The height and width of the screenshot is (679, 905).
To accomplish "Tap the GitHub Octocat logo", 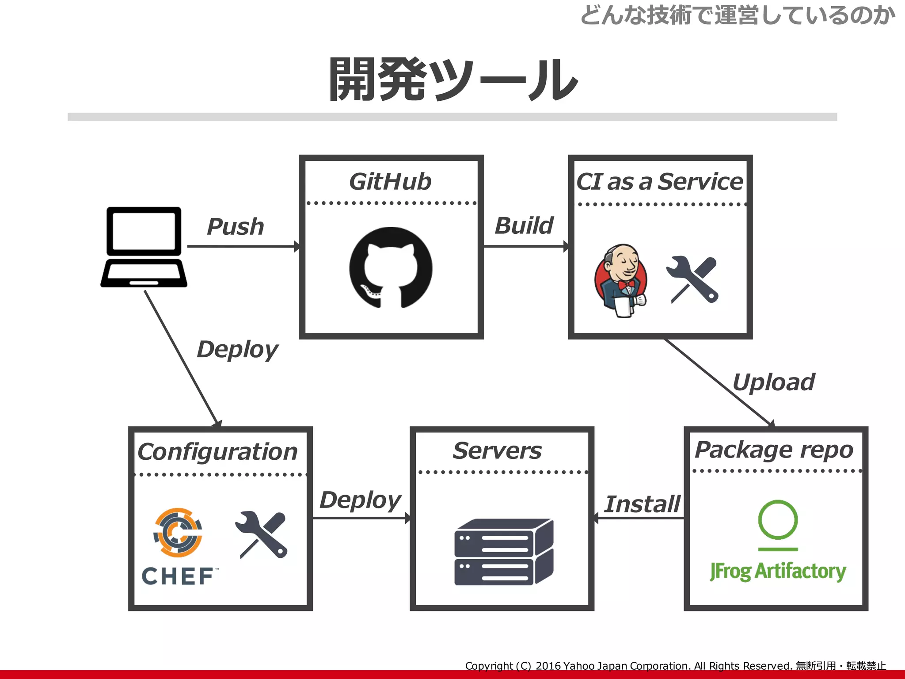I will [x=391, y=267].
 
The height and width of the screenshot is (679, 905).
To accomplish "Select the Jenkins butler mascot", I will [x=620, y=280].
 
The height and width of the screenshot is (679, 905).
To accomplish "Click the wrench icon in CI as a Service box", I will [x=693, y=279].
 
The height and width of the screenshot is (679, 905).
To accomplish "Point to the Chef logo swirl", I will [x=178, y=532].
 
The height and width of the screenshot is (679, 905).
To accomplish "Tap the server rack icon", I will [x=503, y=552].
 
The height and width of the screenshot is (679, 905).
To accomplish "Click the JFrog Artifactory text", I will [x=778, y=571].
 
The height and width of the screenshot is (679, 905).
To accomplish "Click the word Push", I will [x=235, y=227].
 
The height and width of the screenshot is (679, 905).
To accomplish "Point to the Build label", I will [x=524, y=225].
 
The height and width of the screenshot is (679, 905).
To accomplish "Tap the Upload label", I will [x=773, y=382].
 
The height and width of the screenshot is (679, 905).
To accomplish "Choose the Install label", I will [x=642, y=504].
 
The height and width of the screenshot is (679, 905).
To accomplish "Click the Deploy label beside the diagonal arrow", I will [x=237, y=350].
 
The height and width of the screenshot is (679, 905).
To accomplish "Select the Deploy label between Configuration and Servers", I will [x=360, y=500].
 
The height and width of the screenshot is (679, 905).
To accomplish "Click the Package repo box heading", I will [x=774, y=450].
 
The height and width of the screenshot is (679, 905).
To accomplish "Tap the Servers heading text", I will [x=497, y=451].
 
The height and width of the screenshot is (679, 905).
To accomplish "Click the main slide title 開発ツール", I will [x=453, y=80].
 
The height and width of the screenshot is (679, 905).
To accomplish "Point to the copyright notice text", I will [x=675, y=666].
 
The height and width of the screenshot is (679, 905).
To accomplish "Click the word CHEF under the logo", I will [x=178, y=576].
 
